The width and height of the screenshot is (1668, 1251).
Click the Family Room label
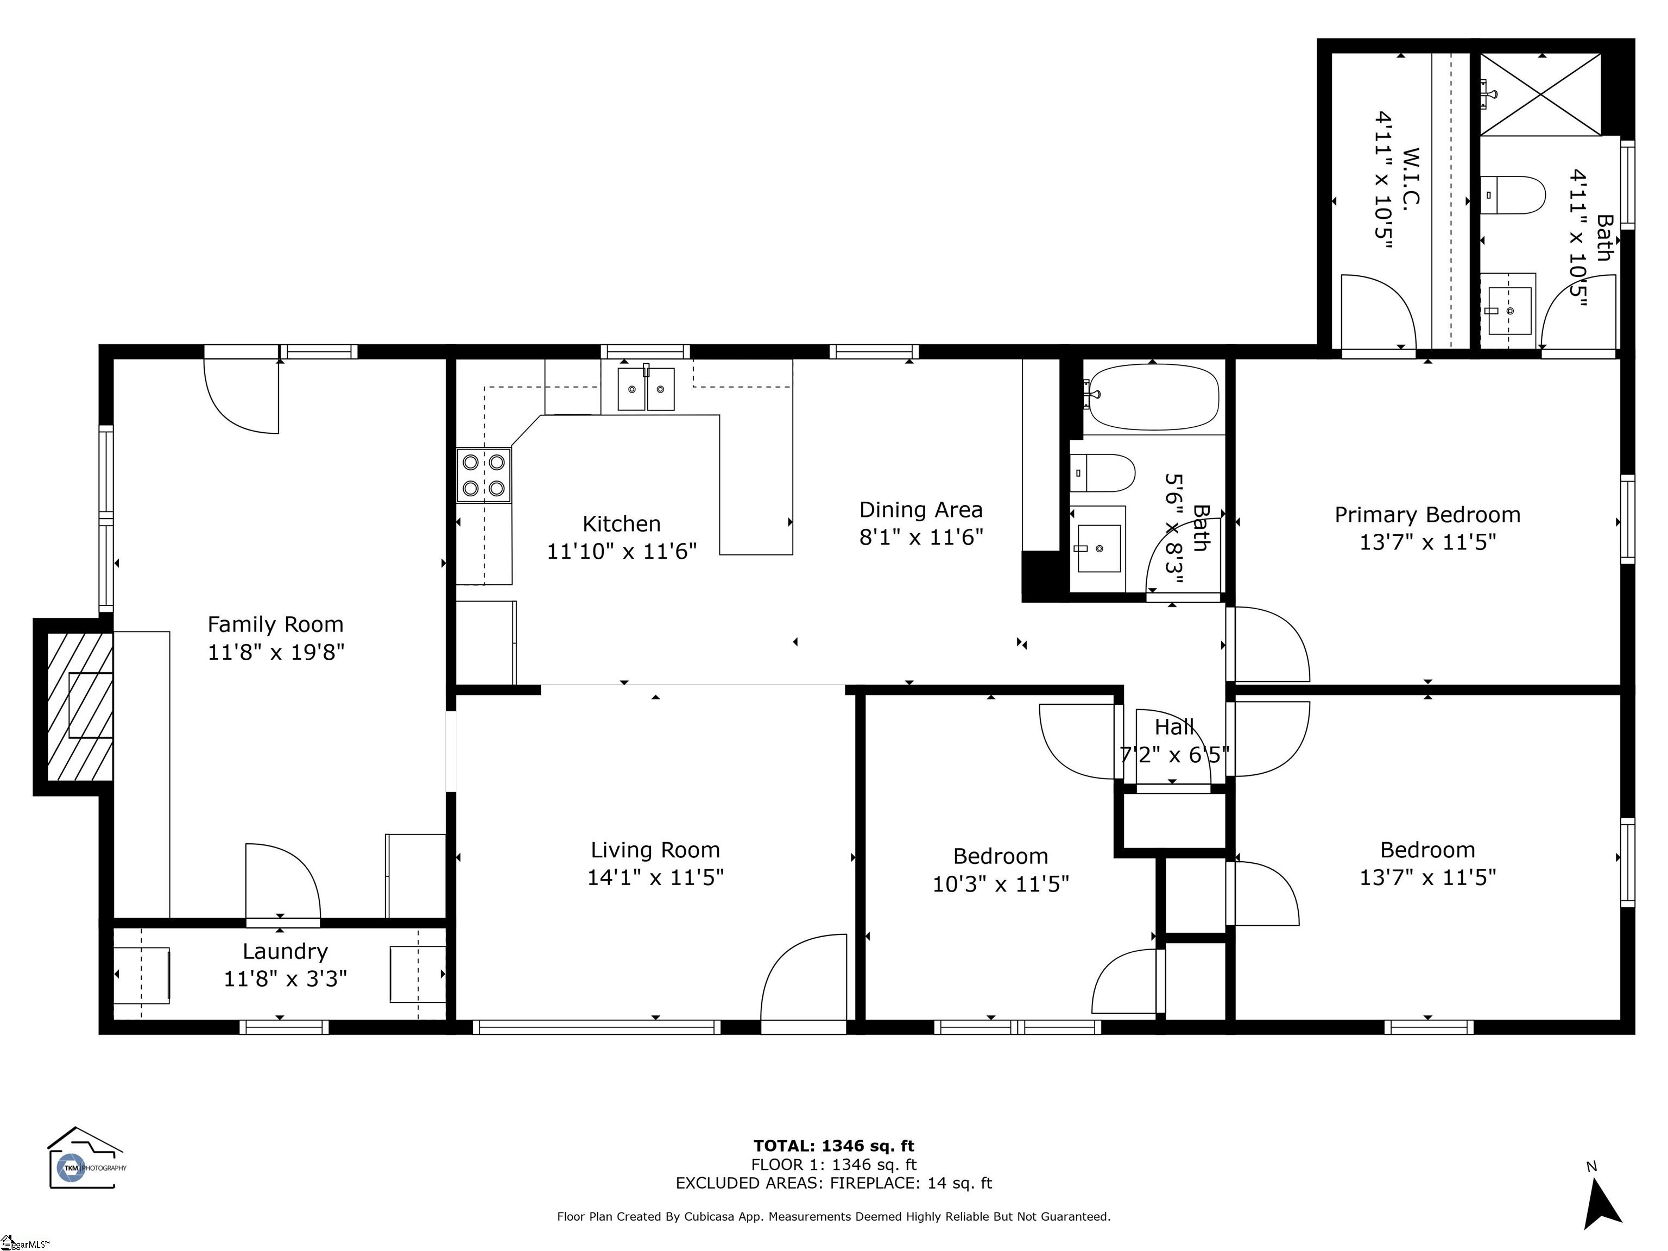[x=275, y=624]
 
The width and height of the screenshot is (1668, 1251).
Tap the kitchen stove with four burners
[x=483, y=475]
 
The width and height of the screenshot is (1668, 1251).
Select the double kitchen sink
[x=646, y=388]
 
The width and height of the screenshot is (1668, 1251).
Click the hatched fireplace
[x=80, y=706]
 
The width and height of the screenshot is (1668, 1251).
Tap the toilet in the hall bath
[x=1102, y=473]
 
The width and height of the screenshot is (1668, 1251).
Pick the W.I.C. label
[x=1411, y=176]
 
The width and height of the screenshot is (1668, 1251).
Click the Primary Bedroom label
[x=1427, y=515]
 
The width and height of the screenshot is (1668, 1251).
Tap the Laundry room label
[x=285, y=952]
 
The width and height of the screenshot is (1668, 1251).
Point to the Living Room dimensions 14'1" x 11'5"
[x=655, y=877]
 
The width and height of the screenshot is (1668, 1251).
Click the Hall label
[x=1174, y=727]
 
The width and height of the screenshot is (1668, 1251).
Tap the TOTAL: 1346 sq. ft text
[x=834, y=1146]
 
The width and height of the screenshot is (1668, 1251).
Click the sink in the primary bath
[x=1509, y=311]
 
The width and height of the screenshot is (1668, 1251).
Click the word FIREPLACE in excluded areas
[x=874, y=1183]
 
